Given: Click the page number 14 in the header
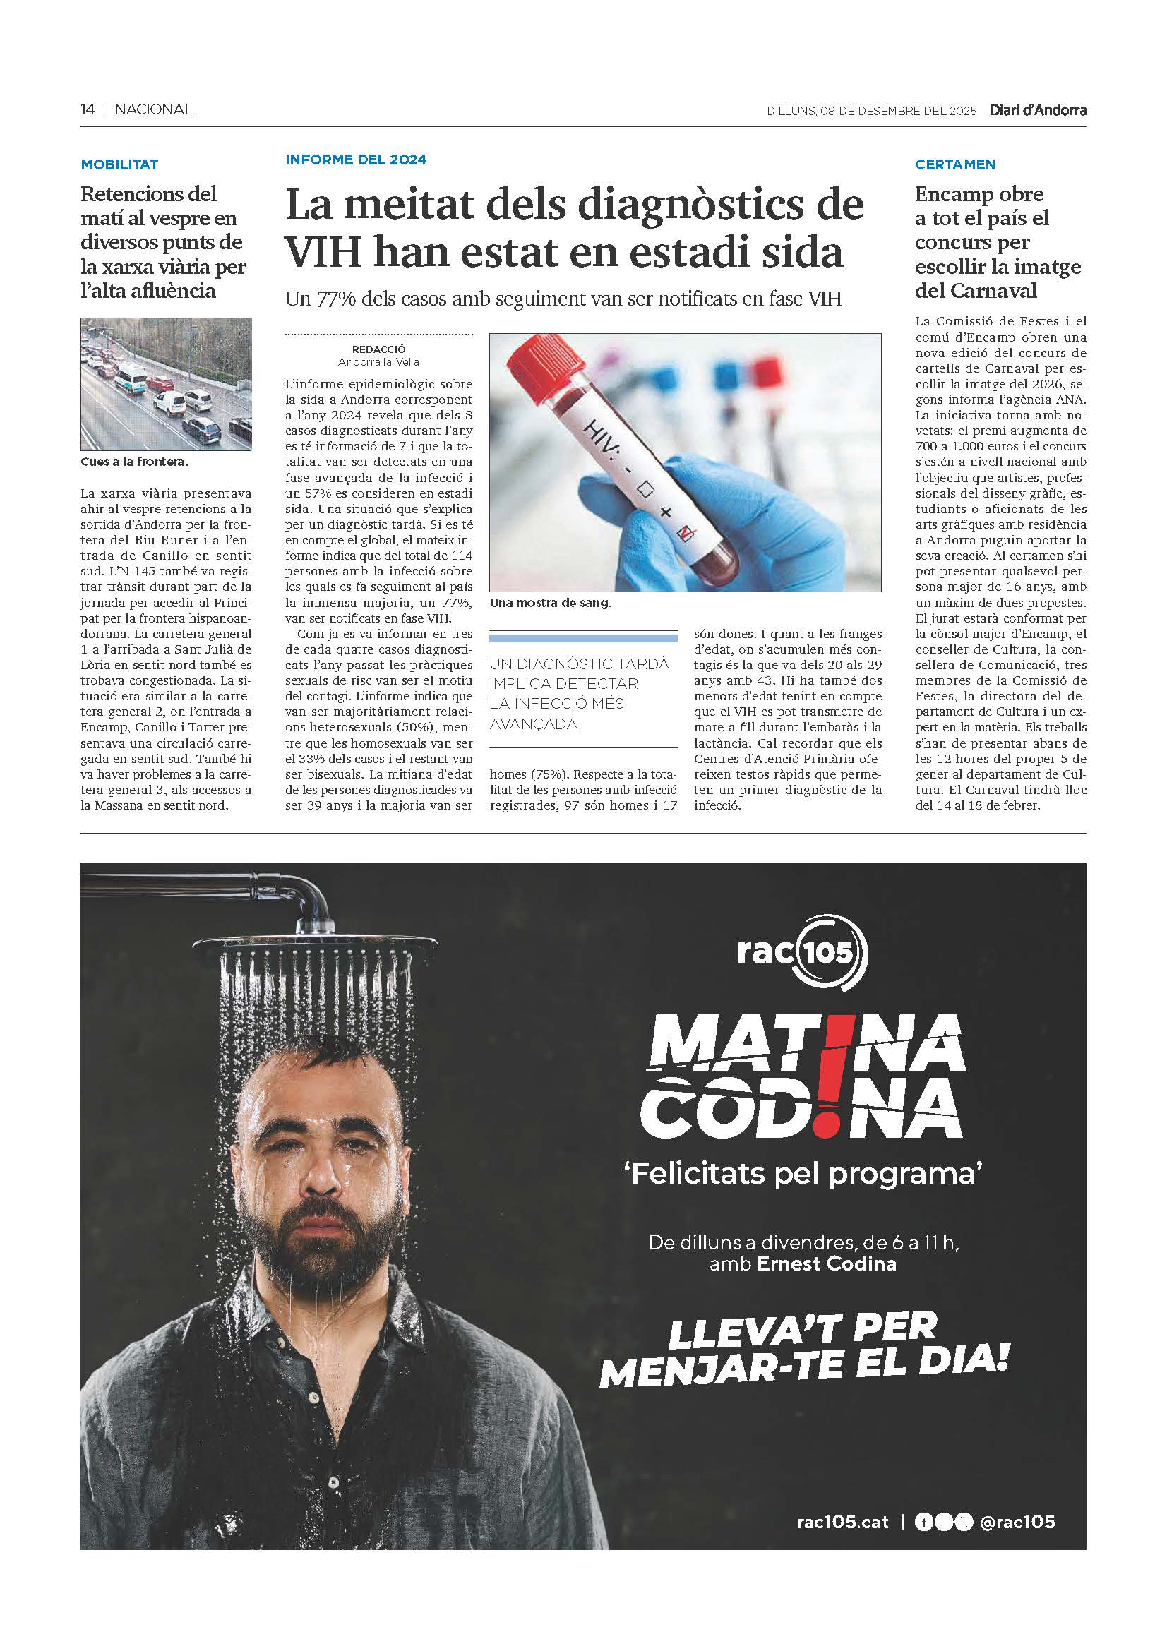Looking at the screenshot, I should click(87, 109).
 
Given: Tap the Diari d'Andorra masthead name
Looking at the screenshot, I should click(1037, 110).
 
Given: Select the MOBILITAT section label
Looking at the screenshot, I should click(119, 164).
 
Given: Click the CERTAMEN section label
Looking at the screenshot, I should click(955, 164).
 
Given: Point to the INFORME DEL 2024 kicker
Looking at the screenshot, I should click(356, 160).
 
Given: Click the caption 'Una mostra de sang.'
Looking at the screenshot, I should click(550, 604).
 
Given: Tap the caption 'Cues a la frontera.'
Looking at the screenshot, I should click(134, 462).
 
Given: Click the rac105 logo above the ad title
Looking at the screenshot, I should click(802, 953).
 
